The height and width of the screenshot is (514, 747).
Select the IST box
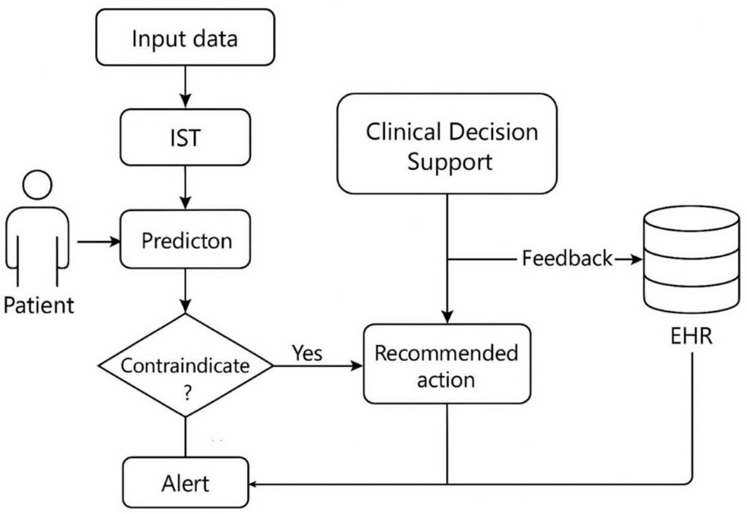[x=186, y=138]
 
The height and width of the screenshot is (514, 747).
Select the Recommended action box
[x=447, y=365]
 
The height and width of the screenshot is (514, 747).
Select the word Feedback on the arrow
[x=567, y=258]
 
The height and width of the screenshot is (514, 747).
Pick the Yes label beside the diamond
[x=307, y=353]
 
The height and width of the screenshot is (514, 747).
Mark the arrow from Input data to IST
[x=186, y=87]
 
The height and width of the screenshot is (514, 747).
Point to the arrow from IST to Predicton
[x=186, y=188]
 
